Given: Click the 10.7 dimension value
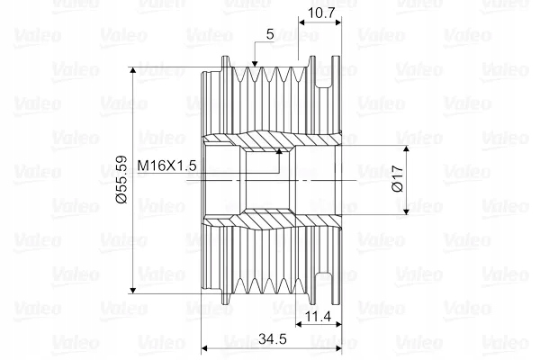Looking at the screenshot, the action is [321, 13].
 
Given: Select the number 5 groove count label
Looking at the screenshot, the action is [270, 34].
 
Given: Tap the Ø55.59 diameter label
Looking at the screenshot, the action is [121, 180].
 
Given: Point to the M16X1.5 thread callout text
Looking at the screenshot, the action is [167, 166].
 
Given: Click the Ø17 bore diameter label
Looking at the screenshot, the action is [398, 178].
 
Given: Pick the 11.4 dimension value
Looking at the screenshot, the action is [318, 316].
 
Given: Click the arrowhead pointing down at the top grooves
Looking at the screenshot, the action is [255, 63].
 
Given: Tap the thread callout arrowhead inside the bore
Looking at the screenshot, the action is [279, 151].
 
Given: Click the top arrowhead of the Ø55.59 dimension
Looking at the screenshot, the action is [133, 70].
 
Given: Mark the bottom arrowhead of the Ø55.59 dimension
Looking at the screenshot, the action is [133, 290].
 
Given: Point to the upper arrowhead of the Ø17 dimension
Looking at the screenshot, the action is [407, 149].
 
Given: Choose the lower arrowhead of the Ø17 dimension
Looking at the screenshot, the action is [407, 211].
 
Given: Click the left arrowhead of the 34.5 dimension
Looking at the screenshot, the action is [205, 348].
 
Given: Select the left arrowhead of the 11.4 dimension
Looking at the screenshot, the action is [300, 324].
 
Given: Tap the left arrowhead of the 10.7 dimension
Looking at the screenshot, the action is [302, 22].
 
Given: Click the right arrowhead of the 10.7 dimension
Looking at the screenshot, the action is [337, 22].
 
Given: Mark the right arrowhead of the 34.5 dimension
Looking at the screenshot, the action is [337, 348].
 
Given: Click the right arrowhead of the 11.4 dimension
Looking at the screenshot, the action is [337, 324].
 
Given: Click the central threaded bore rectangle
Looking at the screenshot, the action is [267, 180].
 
